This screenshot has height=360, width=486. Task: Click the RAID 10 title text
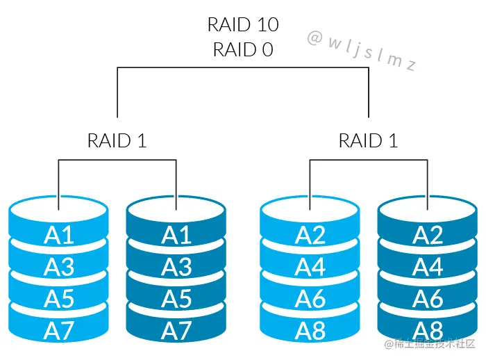click(243, 25)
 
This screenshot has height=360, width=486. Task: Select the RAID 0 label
click(243, 49)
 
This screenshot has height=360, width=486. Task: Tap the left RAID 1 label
click(117, 140)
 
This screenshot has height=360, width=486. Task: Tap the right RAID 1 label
click(368, 140)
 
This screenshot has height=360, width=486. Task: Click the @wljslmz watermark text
click(361, 51)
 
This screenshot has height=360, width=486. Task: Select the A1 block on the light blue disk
click(59, 236)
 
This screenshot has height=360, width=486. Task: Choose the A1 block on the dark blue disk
click(176, 236)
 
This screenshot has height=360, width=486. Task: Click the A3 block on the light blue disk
click(59, 266)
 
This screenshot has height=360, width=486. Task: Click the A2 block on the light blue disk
click(310, 236)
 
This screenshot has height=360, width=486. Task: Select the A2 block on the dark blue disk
click(428, 236)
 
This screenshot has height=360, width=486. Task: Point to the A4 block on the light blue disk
click(310, 266)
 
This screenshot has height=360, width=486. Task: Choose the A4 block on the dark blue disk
click(428, 266)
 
